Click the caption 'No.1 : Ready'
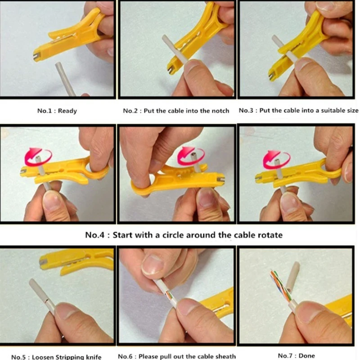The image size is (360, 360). (57, 111)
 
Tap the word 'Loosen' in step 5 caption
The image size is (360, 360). (46, 357)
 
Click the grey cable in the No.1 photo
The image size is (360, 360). (66, 79)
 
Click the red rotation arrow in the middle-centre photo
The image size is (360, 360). (191, 155)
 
